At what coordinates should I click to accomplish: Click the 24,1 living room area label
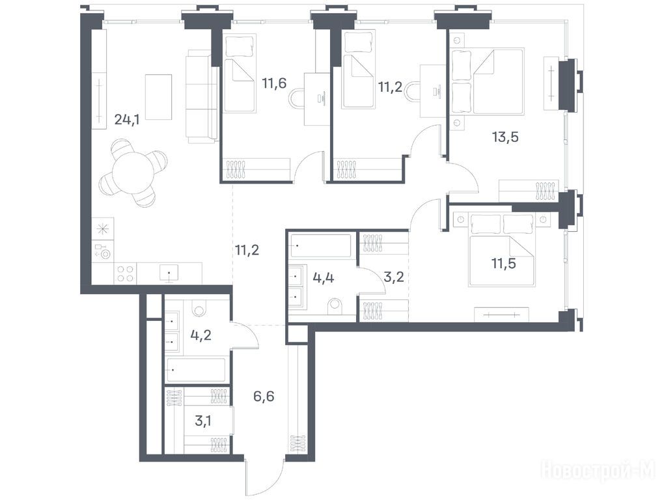tap(127, 120)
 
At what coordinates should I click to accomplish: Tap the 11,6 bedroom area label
tap(274, 83)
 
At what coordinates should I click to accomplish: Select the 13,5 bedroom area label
tap(505, 137)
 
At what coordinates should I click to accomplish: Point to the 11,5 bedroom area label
tap(504, 263)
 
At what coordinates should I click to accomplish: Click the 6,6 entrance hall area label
tap(264, 396)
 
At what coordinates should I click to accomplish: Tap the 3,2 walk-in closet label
tap(393, 277)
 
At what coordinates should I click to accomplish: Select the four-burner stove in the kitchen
tap(125, 273)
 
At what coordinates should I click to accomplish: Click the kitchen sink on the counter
tap(169, 273)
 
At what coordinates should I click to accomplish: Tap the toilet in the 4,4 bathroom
tap(335, 307)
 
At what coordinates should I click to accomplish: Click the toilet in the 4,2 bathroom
tap(198, 307)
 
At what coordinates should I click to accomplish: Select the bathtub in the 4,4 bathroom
tap(320, 245)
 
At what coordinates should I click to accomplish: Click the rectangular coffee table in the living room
tap(158, 97)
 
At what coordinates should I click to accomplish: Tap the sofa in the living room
tap(202, 96)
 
